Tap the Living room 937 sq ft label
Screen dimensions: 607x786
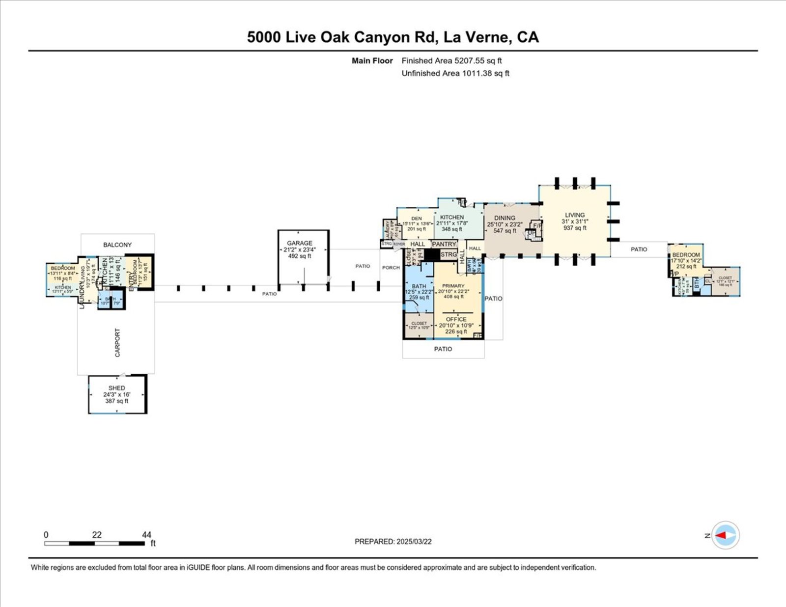click(575, 221)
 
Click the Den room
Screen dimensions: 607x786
click(416, 223)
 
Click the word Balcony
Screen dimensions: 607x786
click(117, 245)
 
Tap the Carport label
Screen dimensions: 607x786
click(117, 342)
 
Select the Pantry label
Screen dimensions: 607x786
click(444, 244)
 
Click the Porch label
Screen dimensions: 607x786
click(391, 268)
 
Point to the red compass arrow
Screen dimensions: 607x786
click(722, 535)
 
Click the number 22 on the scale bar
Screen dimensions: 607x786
click(97, 535)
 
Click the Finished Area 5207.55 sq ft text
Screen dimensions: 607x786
click(451, 61)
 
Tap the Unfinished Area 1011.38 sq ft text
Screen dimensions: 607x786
click(455, 73)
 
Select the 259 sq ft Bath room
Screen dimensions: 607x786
click(419, 292)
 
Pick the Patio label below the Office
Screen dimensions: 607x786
click(443, 349)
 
